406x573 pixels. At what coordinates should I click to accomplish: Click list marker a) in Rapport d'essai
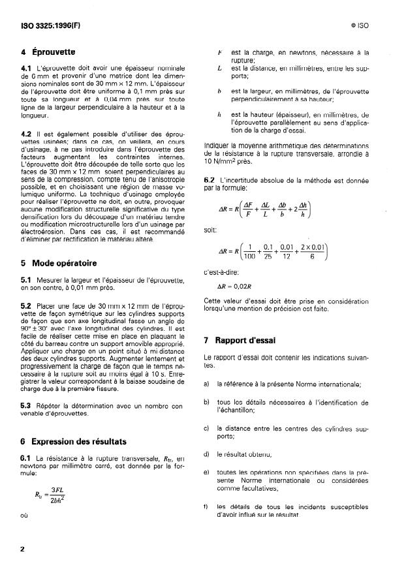207,384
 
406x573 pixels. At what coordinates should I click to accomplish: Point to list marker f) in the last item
207,506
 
